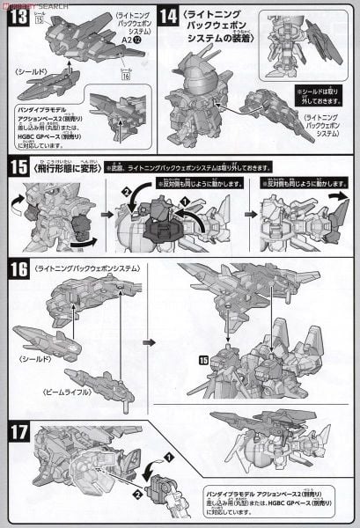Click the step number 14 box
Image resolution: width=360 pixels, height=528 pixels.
pos(170,16)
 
